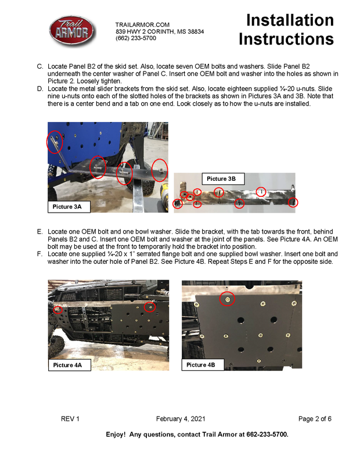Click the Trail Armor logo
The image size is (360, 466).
click(71, 31)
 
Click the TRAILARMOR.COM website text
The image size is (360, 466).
click(142, 24)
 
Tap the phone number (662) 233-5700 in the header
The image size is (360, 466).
click(136, 38)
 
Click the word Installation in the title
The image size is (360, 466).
click(290, 20)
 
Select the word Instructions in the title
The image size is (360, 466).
click(286, 40)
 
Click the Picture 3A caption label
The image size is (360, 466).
click(69, 206)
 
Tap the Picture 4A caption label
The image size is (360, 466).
click(67, 365)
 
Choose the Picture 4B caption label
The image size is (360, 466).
click(201, 365)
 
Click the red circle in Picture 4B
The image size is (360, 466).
click(228, 299)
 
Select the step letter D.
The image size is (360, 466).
click(40, 89)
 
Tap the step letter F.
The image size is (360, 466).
click(40, 254)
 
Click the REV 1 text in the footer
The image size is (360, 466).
click(70, 419)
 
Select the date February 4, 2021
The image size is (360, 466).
click(180, 419)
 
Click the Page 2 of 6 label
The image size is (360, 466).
click(315, 419)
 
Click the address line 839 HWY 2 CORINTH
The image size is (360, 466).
click(160, 31)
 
